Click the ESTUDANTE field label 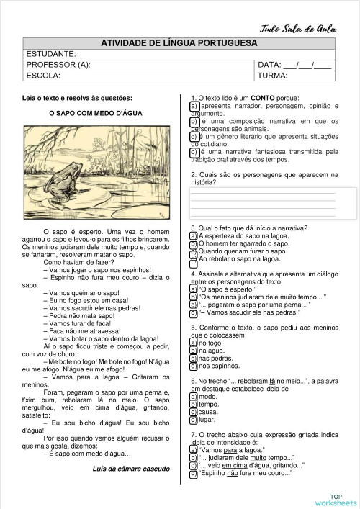50,54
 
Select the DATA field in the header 294,65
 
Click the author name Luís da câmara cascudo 131,469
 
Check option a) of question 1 194,107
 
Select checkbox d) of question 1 194,153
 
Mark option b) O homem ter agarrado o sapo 194,244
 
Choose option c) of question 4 194,305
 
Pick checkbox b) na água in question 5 194,351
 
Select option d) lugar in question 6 194,419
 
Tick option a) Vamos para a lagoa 194,450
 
